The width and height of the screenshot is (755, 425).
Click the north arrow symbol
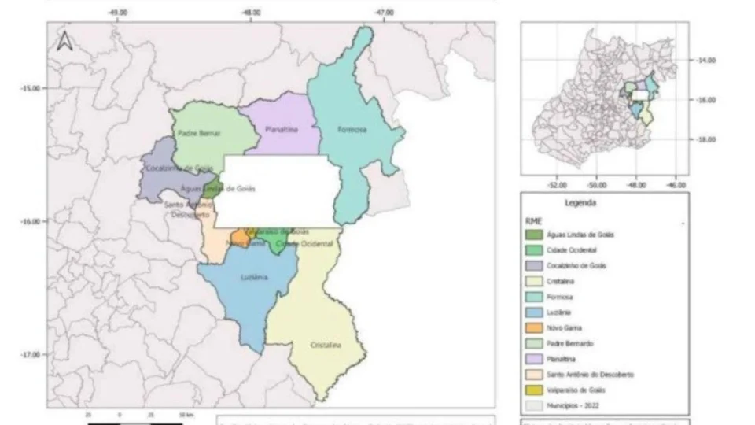64,40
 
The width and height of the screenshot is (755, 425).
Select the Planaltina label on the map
281,130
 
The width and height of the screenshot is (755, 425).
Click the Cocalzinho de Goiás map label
178,168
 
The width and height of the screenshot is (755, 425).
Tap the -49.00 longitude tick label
119,13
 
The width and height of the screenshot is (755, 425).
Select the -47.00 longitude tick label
384,13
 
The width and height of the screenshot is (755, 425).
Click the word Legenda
580,202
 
